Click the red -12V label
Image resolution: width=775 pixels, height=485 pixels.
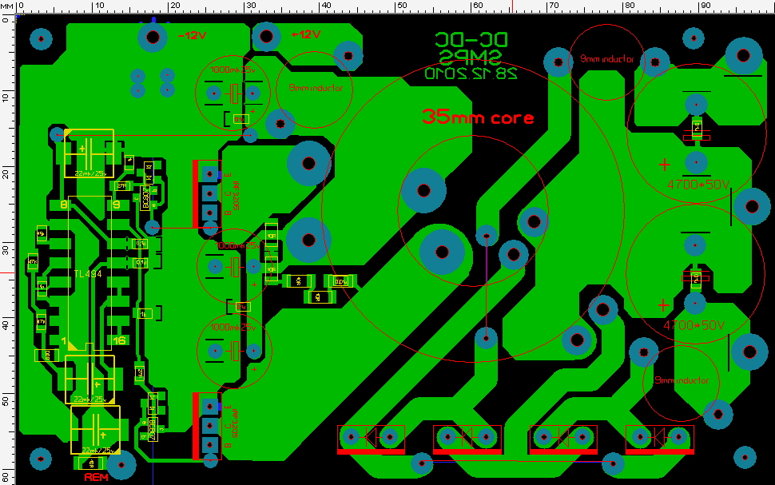point(192,36)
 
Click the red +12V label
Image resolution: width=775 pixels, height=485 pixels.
point(306,34)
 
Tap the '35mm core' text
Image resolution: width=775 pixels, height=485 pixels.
point(477,117)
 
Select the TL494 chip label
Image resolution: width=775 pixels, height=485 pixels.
point(88,274)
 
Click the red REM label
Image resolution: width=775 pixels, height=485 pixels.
point(96,478)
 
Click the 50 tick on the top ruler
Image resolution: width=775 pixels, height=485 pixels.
point(400,6)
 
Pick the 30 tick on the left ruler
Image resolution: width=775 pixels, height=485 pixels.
point(6,249)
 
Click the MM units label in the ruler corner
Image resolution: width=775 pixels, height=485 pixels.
point(7,6)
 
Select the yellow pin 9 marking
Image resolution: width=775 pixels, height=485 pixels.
point(117,205)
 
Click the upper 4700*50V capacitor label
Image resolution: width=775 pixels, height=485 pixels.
point(697,185)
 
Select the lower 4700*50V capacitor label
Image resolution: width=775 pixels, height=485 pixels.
point(694,325)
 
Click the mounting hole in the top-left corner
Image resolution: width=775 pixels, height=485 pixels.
point(41,37)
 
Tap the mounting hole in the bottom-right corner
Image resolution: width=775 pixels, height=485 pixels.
point(745,457)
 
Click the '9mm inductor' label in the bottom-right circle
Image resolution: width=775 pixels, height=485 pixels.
point(681,380)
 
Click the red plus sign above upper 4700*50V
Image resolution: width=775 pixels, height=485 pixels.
point(664,165)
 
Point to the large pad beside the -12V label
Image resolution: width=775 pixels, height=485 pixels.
point(153,35)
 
